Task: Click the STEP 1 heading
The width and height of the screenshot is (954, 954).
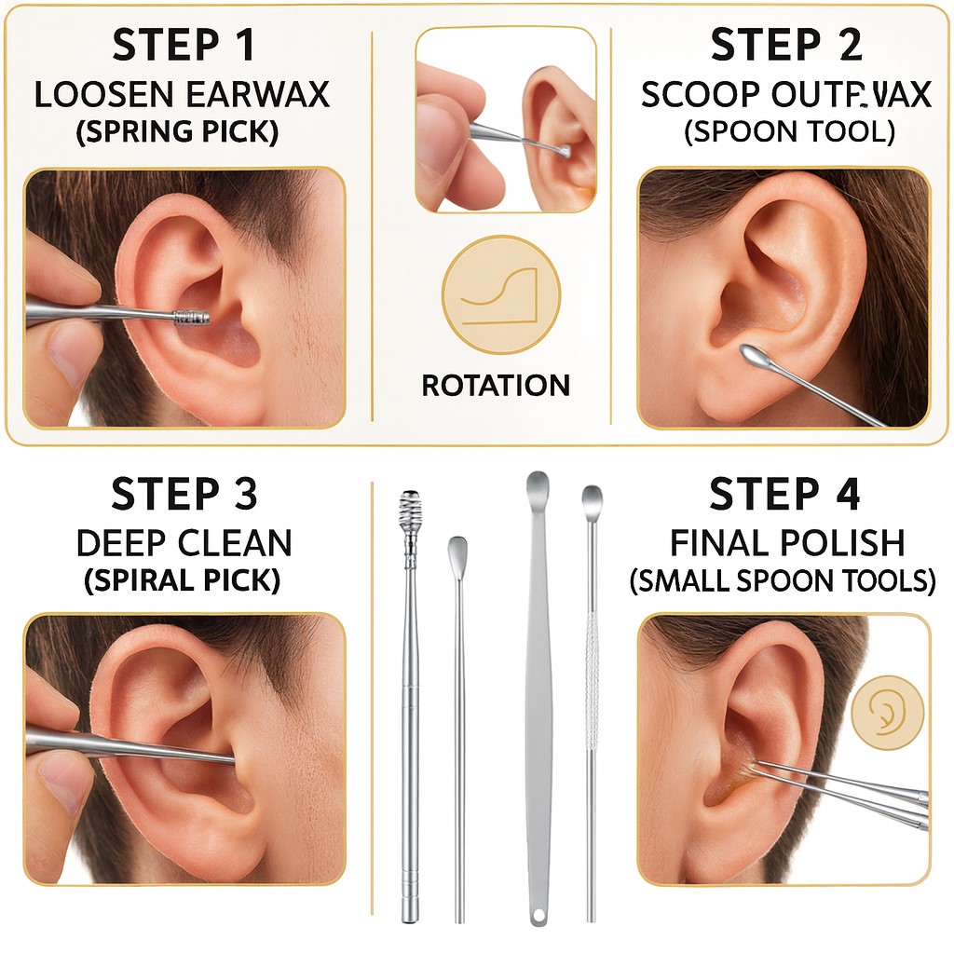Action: [183, 45]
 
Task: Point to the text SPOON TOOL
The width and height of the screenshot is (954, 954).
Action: [789, 131]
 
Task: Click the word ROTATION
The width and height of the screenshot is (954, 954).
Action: [496, 385]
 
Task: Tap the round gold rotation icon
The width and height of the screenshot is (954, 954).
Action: [501, 294]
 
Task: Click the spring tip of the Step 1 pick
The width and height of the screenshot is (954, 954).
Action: [193, 317]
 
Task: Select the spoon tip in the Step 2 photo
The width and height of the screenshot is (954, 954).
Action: [752, 354]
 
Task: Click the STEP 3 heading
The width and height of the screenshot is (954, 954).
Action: [184, 495]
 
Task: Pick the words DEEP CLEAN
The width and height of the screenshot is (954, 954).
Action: [184, 543]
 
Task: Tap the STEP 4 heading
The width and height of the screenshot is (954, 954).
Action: [784, 495]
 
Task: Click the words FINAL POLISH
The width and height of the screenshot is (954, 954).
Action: [785, 543]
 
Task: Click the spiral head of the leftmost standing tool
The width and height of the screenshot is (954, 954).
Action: [411, 511]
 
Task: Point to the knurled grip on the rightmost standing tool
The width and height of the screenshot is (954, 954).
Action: [591, 680]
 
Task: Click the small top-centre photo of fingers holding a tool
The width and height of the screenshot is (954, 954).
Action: [506, 119]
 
